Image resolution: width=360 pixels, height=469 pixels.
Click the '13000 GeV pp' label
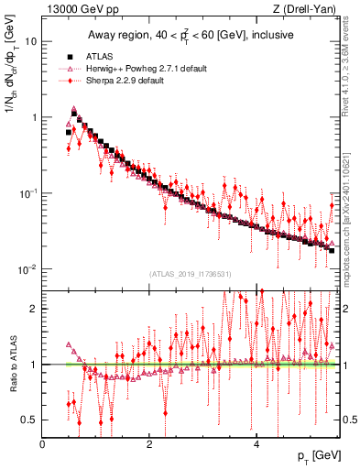click(x=76, y=9)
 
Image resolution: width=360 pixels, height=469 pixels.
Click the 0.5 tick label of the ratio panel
click(x=28, y=420)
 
